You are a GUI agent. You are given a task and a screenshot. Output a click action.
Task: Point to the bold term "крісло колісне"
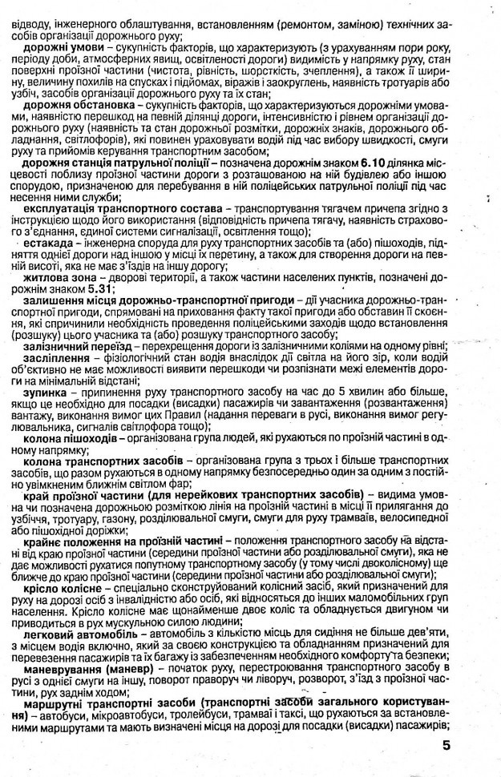[62, 587]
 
